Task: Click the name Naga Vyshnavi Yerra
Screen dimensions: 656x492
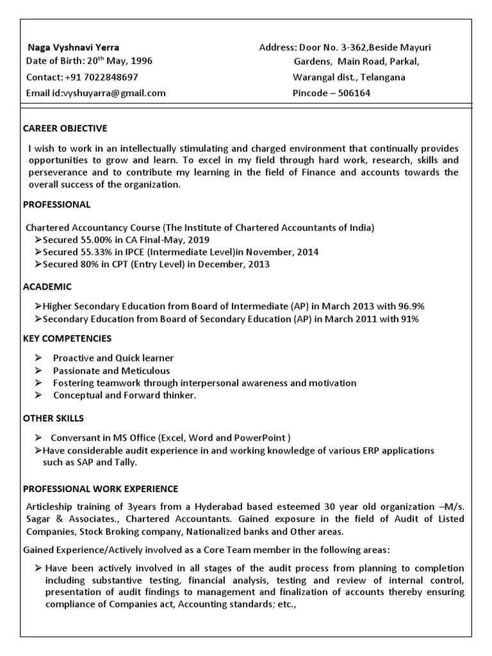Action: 72,47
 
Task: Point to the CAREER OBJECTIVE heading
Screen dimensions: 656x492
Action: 65,128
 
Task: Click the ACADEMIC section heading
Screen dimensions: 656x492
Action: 47,286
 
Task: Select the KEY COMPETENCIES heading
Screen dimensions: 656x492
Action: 67,338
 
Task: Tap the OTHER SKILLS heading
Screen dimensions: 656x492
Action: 53,418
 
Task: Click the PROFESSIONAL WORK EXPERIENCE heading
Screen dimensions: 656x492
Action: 101,489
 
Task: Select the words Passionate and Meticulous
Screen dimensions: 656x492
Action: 111,370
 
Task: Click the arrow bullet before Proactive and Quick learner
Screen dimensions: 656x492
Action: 39,358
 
